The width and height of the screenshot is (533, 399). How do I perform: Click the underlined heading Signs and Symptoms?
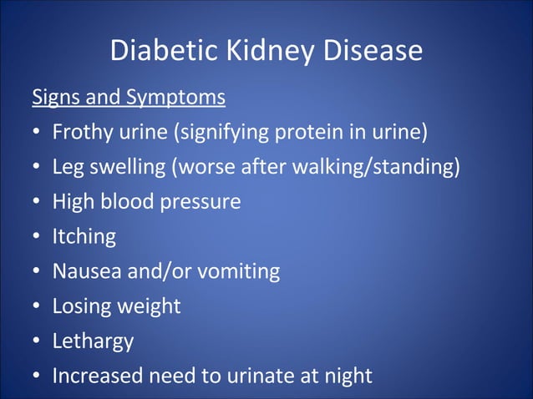pyautogui.click(x=129, y=98)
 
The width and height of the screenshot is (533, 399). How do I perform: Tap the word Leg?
pyautogui.click(x=67, y=167)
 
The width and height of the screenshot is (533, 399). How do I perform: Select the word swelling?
pyautogui.click(x=126, y=167)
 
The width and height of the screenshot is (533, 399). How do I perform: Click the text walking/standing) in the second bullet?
pyautogui.click(x=376, y=167)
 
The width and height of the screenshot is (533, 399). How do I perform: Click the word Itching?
pyautogui.click(x=84, y=237)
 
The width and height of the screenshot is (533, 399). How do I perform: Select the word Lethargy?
pyautogui.click(x=93, y=341)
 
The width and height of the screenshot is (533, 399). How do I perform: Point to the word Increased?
pyautogui.click(x=99, y=376)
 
